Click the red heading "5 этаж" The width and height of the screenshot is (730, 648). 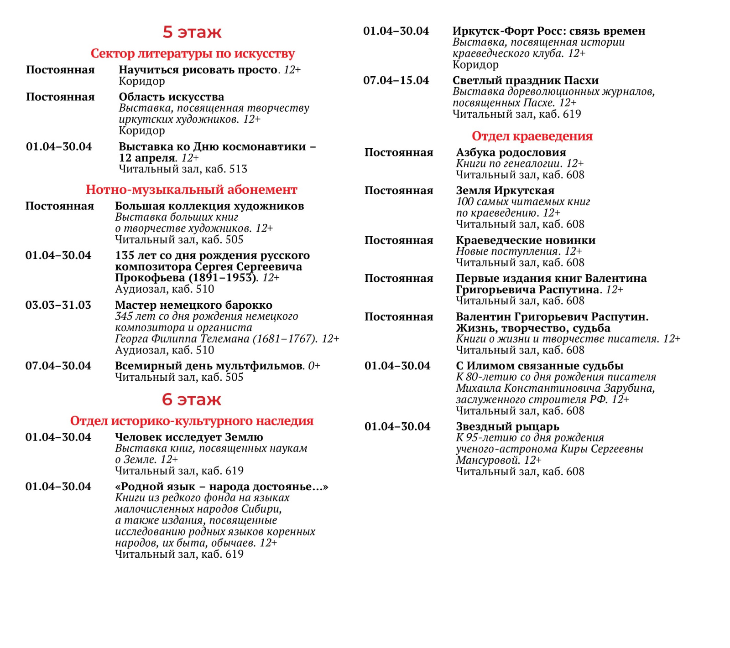coord(192,32)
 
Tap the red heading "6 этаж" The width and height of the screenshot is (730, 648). coord(192,400)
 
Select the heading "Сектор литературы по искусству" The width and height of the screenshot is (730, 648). coord(193,54)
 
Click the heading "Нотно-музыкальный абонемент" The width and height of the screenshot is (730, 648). coord(191,190)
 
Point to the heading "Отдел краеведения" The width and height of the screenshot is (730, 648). coord(532,136)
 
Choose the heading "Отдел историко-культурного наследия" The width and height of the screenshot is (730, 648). coord(192,421)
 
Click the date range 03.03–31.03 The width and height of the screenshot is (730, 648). coord(58,305)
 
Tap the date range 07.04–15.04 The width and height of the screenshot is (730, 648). coord(396,81)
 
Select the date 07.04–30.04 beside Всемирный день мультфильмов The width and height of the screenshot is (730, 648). coord(58,366)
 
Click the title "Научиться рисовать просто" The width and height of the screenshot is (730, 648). coord(198,70)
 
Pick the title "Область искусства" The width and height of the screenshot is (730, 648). coord(172,97)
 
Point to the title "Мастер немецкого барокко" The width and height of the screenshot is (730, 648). coord(193,305)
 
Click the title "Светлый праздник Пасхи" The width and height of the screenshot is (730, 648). coord(526,81)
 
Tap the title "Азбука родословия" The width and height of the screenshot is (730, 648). coord(511,153)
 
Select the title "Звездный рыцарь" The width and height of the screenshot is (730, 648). coord(507,427)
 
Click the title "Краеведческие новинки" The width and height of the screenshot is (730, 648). coord(526,240)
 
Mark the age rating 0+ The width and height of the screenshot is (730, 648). coord(314,366)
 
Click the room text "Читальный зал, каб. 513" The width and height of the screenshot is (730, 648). coord(183,169)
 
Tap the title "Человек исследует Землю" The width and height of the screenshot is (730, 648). coord(189,437)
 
